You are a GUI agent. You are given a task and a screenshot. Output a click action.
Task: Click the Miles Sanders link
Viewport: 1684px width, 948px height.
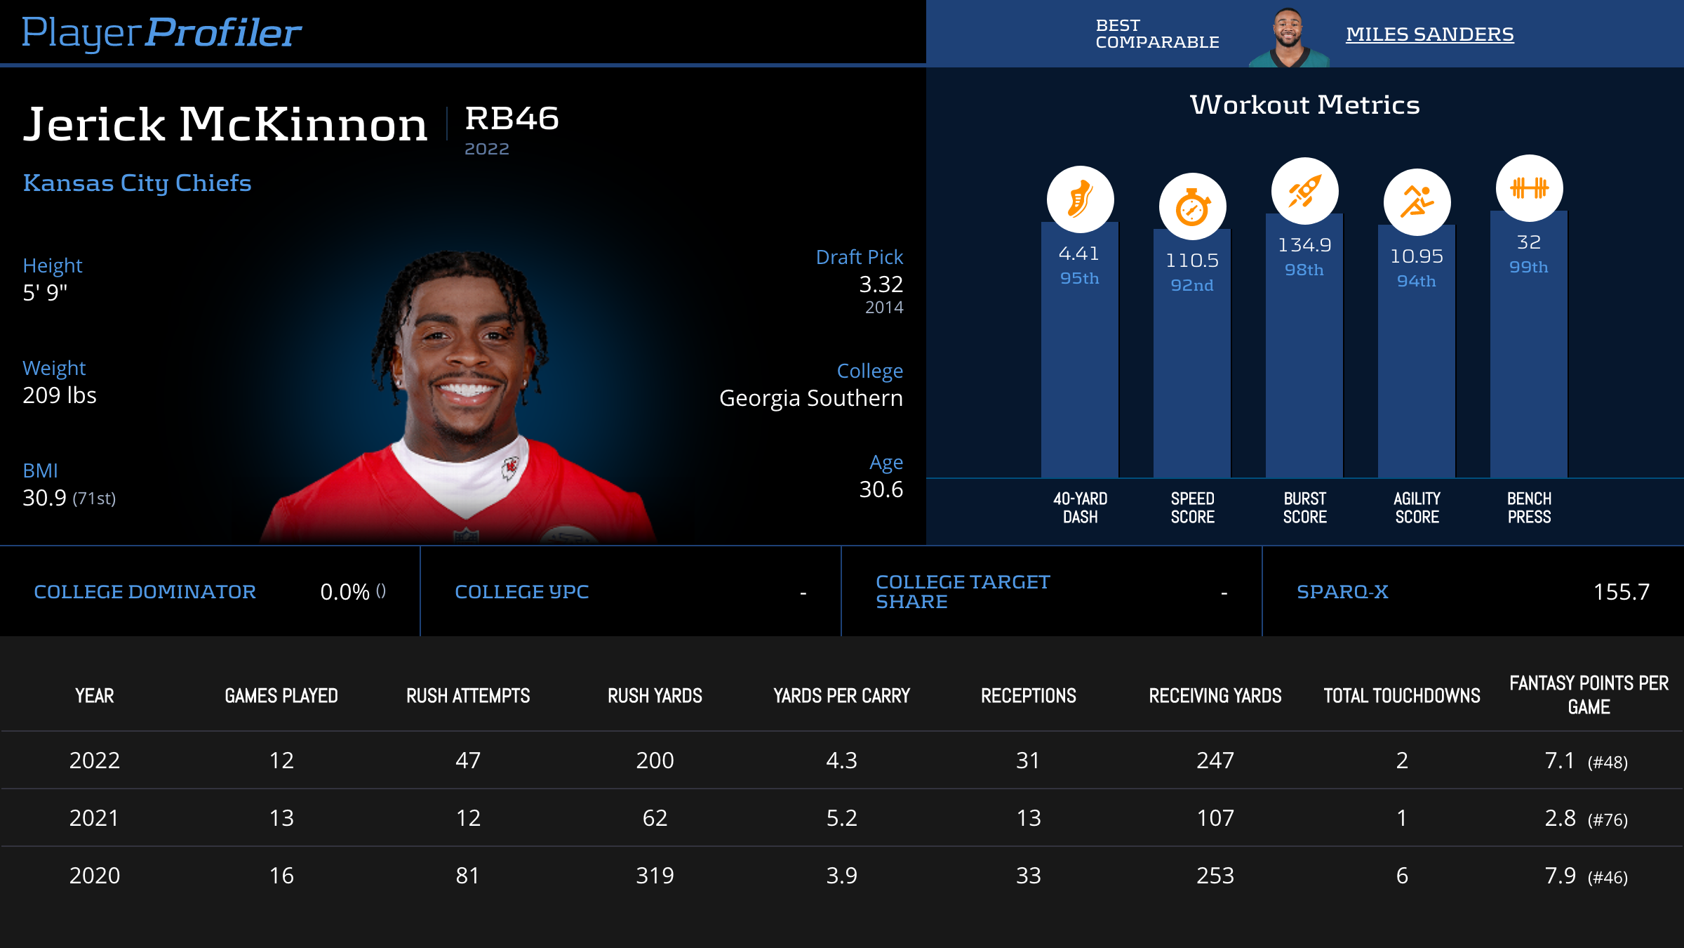[1429, 34]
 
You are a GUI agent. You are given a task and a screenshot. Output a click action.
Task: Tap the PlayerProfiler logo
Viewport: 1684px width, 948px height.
[161, 33]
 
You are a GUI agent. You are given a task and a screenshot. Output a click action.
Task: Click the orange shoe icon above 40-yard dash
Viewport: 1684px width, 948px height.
[1080, 199]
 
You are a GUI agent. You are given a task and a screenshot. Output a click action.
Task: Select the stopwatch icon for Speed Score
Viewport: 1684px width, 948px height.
[1192, 207]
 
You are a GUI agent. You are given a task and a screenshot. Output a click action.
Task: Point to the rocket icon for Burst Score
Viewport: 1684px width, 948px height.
[1304, 191]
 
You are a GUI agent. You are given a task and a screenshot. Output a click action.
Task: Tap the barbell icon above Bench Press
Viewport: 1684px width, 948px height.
[1529, 188]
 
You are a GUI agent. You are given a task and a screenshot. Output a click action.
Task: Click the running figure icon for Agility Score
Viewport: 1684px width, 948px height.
[1417, 202]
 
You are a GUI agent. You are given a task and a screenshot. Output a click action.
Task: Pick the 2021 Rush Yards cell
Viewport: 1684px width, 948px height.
[655, 818]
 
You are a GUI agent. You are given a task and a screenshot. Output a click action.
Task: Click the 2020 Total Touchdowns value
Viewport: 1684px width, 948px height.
[1402, 876]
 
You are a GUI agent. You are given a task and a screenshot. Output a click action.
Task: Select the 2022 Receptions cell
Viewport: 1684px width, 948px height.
[1028, 761]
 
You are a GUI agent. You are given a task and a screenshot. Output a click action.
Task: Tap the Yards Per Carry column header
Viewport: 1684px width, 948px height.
[841, 696]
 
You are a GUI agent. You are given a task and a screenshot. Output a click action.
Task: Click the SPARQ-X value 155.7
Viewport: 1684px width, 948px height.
[1621, 592]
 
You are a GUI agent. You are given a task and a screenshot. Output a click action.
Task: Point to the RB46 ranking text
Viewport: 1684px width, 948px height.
[512, 119]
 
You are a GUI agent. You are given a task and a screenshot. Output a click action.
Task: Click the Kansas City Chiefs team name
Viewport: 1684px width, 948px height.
[138, 183]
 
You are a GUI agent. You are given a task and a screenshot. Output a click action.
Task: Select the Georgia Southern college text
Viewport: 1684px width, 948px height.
[810, 398]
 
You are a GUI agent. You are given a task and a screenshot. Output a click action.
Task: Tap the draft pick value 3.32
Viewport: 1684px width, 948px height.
[881, 284]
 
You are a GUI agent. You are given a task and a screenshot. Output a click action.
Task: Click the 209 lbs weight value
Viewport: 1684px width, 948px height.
[60, 395]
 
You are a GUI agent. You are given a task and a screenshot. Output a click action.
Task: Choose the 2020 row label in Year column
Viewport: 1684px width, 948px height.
[95, 876]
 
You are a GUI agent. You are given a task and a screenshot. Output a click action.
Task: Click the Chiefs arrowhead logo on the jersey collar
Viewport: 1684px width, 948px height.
[510, 466]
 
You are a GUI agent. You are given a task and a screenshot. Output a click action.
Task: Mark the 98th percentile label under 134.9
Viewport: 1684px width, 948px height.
[1304, 270]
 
